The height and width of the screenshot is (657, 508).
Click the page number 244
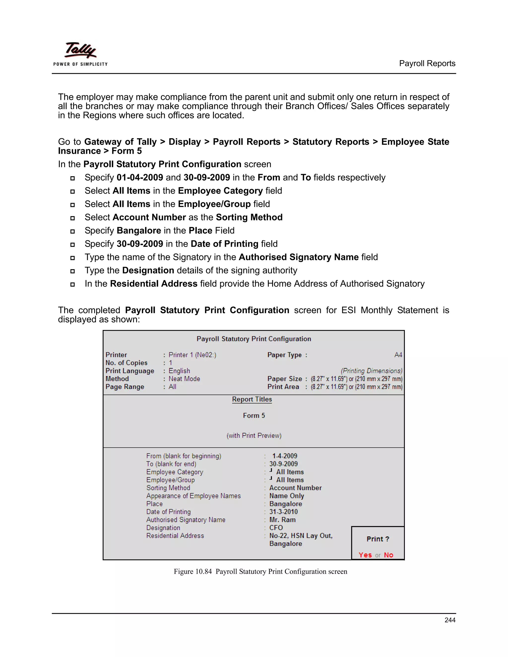click(450, 620)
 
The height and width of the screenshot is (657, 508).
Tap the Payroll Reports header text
click(427, 63)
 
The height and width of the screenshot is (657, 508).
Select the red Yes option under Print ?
click(365, 555)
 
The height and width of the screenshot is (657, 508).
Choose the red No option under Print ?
click(388, 555)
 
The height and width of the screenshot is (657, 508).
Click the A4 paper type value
click(398, 355)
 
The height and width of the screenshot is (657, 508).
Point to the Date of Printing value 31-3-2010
click(283, 512)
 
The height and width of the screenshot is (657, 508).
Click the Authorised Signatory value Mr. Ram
click(282, 520)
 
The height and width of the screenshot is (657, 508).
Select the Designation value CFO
click(276, 528)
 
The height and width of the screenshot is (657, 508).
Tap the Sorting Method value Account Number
click(295, 488)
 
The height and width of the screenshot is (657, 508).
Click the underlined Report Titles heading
click(252, 399)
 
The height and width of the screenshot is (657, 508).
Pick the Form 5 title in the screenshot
click(254, 416)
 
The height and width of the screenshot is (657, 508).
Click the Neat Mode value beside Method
click(184, 379)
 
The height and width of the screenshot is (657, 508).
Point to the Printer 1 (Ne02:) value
click(192, 355)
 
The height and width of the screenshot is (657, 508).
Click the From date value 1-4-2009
click(285, 456)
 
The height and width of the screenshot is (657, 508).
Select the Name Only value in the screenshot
click(286, 496)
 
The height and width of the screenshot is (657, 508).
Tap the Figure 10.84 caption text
click(260, 571)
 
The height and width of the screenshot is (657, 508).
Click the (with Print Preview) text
click(254, 436)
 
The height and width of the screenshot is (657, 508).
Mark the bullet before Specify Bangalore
click(72, 231)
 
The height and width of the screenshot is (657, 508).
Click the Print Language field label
click(130, 371)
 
